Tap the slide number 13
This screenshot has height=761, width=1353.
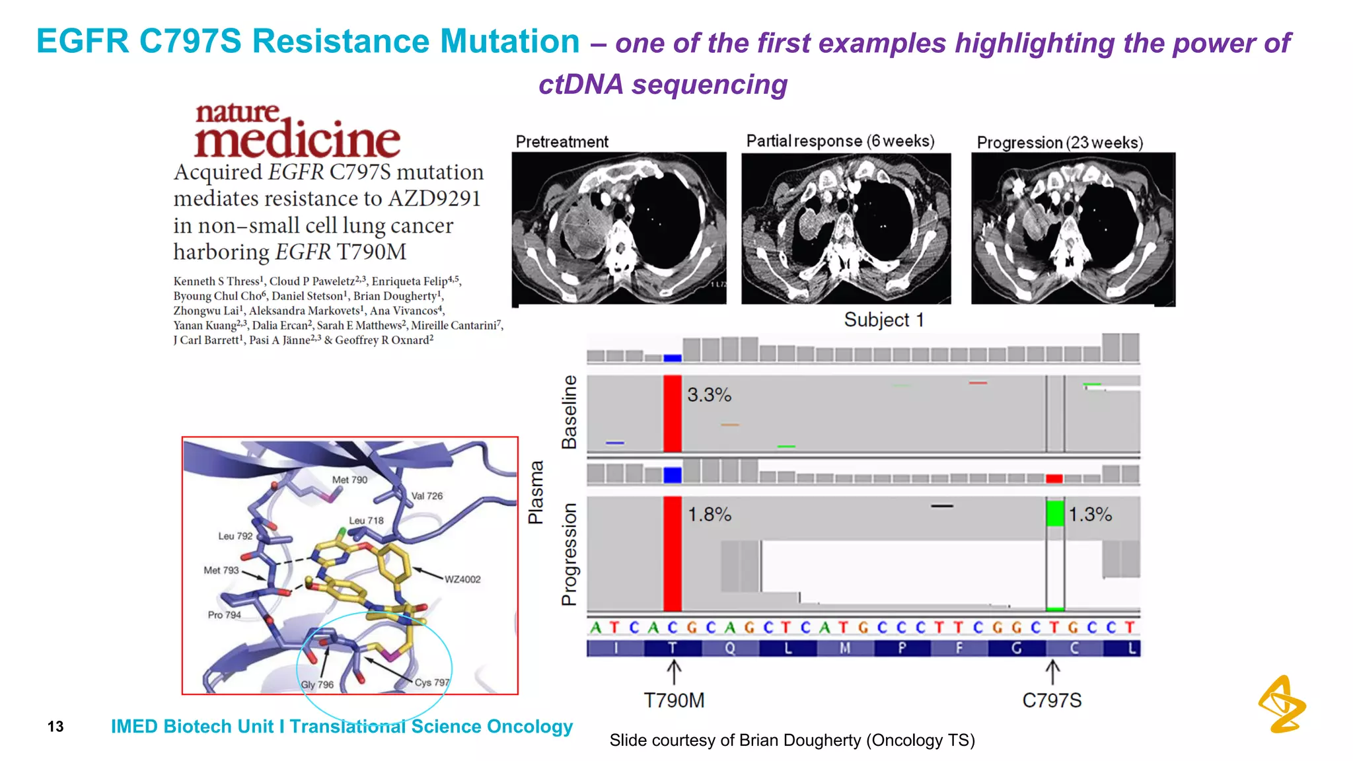[x=55, y=727]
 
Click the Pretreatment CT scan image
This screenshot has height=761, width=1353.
[x=619, y=229]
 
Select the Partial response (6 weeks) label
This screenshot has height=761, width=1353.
[x=840, y=141]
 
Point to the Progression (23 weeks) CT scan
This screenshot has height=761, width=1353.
[x=1073, y=229]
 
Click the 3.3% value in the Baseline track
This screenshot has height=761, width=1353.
[x=709, y=395]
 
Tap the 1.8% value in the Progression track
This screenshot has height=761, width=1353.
[x=710, y=515]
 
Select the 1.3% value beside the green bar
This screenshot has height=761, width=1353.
[x=1090, y=515]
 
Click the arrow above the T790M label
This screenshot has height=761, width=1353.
[x=673, y=673]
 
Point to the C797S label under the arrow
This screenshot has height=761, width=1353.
[x=1052, y=700]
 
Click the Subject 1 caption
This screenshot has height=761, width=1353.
[x=884, y=320]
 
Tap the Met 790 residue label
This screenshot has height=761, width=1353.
[x=349, y=480]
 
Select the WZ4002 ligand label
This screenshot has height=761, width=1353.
[x=462, y=579]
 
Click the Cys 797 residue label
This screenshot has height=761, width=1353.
[x=432, y=682]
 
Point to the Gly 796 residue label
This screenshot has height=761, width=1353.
[x=317, y=684]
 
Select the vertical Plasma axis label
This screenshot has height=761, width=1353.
[x=536, y=492]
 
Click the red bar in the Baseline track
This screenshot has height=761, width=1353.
[x=672, y=414]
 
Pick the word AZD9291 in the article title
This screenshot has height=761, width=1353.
[x=434, y=199]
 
